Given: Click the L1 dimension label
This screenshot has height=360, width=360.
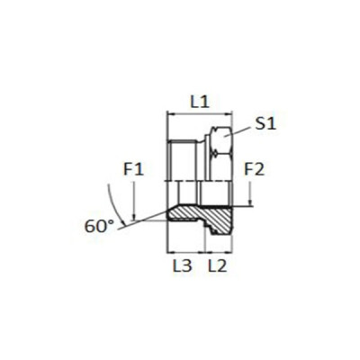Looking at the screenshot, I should coord(200,102).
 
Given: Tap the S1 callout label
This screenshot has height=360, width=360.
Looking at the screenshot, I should coord(265,125).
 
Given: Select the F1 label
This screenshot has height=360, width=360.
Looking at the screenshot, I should coord(133,167).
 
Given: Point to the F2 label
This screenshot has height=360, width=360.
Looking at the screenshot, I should coord(255,167).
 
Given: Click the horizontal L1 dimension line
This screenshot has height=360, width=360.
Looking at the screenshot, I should coord(200,114).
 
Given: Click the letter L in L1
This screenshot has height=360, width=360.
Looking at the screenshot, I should coord(194,102).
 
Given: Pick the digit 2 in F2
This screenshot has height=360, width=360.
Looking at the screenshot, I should coord(260,167).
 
